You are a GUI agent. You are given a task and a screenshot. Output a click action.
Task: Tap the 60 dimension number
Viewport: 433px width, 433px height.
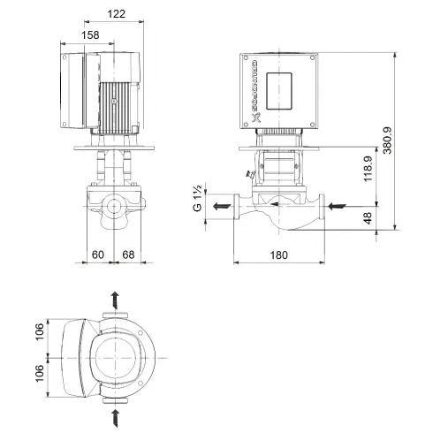(x=97, y=255)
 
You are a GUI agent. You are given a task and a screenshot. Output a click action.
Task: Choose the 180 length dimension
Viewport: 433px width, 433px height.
(x=279, y=255)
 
